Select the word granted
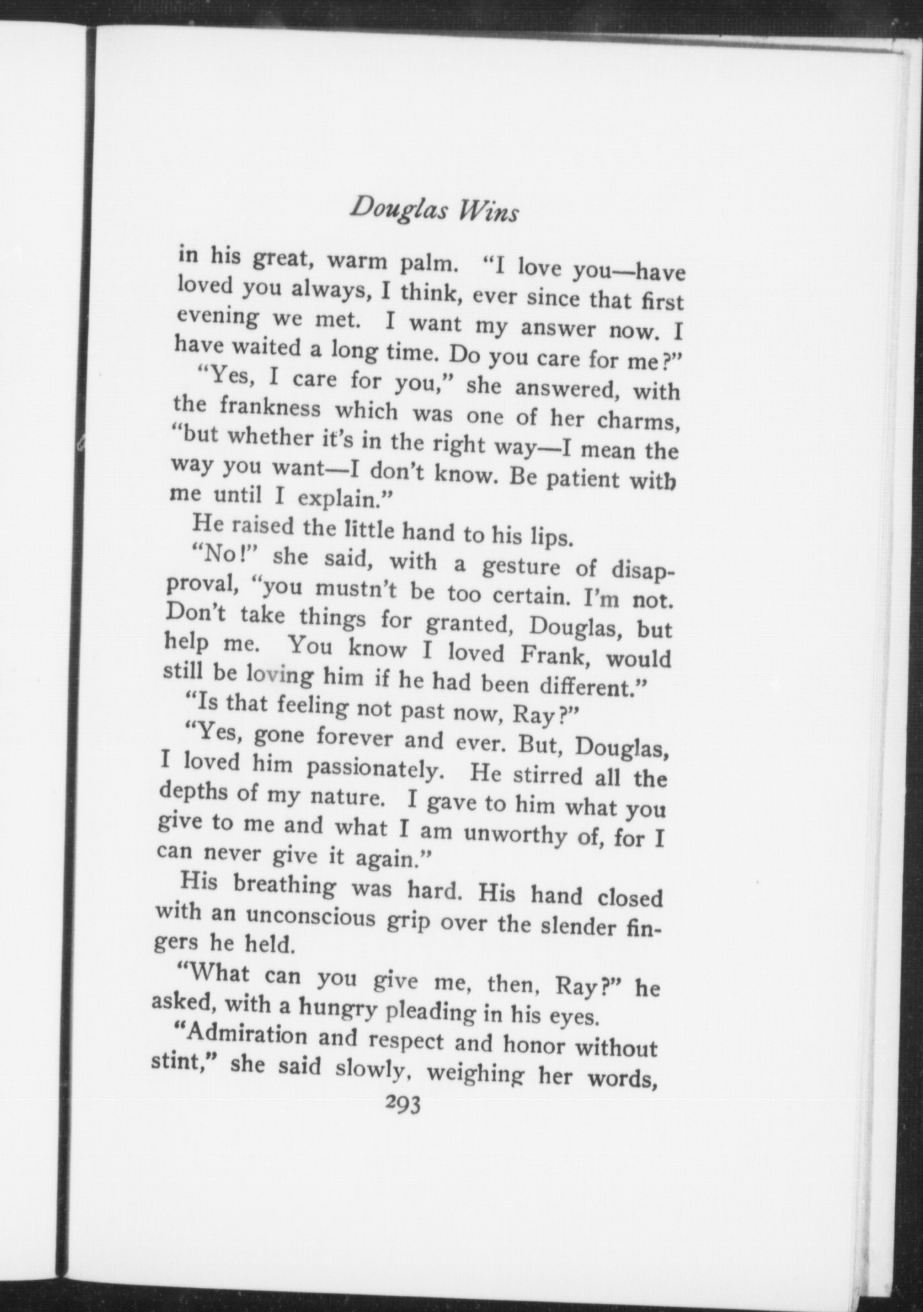tap(470, 625)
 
